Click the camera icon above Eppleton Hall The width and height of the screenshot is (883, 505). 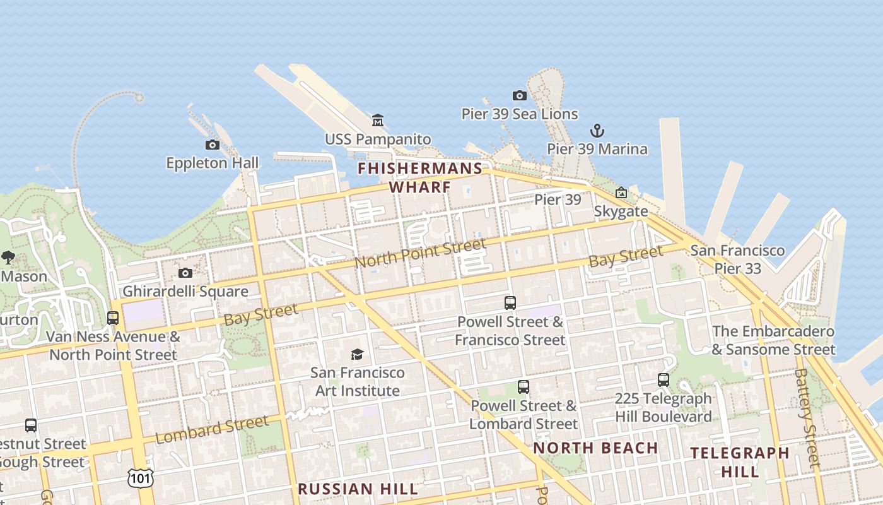213,145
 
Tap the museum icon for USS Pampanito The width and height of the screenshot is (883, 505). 378,120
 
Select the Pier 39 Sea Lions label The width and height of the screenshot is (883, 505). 520,114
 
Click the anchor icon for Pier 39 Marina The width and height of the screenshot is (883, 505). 597,131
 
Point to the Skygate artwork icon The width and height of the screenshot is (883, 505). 621,193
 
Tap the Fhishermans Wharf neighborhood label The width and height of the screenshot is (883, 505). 420,177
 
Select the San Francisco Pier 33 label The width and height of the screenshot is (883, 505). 737,259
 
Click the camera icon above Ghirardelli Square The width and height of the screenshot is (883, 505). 185,273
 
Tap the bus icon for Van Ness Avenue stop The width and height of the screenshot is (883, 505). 113,318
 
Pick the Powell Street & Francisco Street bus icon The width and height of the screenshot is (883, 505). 510,303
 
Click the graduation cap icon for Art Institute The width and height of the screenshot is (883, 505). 358,354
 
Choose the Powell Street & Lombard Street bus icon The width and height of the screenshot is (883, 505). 523,387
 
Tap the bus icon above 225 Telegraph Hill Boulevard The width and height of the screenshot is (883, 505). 664,380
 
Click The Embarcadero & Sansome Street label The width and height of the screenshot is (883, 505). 773,340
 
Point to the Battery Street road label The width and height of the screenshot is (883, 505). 807,417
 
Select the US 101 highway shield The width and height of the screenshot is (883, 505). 140,478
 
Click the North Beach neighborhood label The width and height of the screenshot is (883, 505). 595,448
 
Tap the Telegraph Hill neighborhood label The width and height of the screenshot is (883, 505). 740,462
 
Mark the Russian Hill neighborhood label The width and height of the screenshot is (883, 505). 358,489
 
